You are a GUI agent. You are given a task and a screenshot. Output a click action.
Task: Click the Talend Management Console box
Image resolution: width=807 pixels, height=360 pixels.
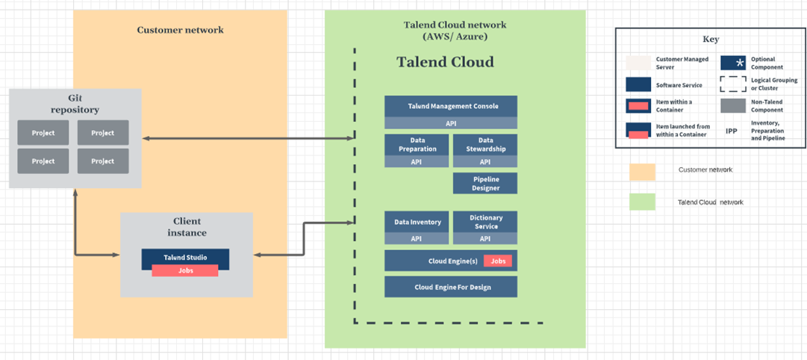450,106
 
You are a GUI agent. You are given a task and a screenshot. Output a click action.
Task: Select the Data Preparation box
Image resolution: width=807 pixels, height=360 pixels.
417,144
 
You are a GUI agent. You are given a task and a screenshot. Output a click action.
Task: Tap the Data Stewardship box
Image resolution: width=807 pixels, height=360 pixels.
484,144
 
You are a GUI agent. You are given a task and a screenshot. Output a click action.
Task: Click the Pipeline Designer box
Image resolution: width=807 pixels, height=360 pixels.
484,183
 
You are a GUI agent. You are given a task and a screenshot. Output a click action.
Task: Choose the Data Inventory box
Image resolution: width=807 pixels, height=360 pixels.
417,222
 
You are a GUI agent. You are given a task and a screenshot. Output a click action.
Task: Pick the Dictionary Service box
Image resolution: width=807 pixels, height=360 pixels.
484,222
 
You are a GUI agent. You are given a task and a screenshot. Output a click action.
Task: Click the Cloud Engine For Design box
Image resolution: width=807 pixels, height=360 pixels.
450,287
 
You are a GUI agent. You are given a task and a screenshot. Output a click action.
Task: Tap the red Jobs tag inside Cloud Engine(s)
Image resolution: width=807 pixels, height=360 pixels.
497,261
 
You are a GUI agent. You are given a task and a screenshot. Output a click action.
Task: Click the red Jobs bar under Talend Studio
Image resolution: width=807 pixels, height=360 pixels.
184,270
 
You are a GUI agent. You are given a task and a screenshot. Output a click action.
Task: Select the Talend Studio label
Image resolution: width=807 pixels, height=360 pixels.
184,258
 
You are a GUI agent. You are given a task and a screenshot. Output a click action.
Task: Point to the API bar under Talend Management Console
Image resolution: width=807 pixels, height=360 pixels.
450,122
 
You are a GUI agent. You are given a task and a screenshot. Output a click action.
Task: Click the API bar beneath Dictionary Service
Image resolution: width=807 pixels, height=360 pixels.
484,238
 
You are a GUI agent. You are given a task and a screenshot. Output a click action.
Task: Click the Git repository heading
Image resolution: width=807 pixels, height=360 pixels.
75,104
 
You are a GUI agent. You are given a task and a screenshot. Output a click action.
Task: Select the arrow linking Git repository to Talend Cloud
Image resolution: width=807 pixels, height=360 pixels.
246,138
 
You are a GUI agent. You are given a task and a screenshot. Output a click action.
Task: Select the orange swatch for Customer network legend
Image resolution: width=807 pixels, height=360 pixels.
642,171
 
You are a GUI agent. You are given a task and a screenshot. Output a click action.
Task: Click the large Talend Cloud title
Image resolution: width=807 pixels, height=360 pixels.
445,62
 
